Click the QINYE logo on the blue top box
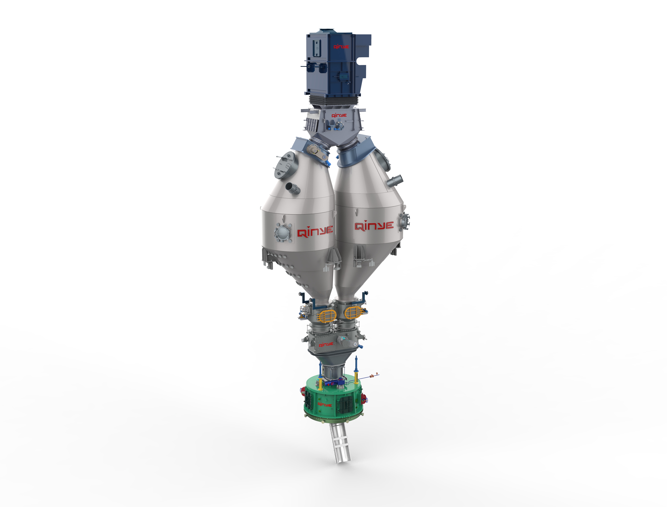click(x=341, y=47)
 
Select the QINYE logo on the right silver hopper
click(x=374, y=226)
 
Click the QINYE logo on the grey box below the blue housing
click(x=339, y=116)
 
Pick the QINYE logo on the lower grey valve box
click(x=326, y=344)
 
